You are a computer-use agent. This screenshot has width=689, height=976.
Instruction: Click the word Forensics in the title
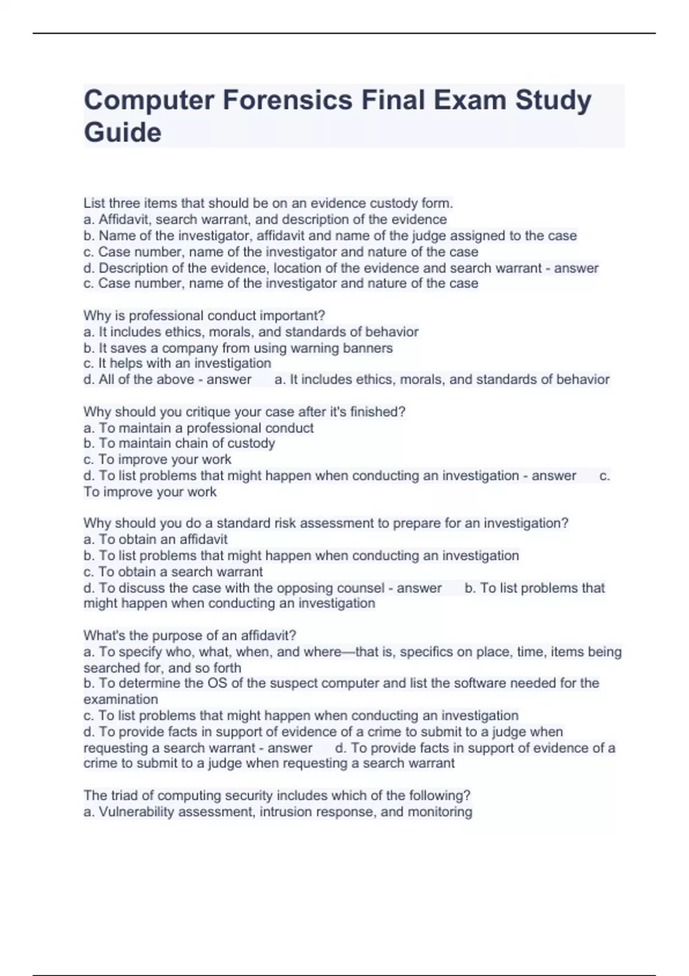(x=288, y=100)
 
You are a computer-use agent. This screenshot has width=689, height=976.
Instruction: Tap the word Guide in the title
(x=122, y=133)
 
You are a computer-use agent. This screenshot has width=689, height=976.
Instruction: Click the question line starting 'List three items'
(x=268, y=203)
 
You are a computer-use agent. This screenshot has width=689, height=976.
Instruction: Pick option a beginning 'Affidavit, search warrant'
(x=265, y=219)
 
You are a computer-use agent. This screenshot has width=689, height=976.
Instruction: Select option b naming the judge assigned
(x=330, y=235)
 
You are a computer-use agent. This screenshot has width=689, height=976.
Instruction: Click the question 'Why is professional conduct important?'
(x=204, y=316)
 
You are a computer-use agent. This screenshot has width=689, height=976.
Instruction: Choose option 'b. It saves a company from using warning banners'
(x=238, y=348)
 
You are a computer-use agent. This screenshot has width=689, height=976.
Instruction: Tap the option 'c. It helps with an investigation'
(x=177, y=363)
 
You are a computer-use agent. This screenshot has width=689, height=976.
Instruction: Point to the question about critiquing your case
(x=244, y=412)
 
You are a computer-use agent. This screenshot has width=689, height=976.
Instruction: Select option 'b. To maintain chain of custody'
(x=179, y=443)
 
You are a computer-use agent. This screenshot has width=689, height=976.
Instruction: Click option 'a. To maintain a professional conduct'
(x=198, y=428)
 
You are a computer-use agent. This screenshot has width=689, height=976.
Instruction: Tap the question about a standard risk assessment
(x=326, y=523)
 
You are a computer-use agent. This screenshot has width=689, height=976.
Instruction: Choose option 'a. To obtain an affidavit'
(x=155, y=539)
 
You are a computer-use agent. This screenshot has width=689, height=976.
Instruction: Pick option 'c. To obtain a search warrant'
(x=173, y=572)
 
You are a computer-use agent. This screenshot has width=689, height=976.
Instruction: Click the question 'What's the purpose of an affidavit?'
(x=189, y=636)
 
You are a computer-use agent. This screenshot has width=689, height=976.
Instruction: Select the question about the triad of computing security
(x=277, y=796)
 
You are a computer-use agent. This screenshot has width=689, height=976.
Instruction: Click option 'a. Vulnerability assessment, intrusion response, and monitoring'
(x=277, y=812)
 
